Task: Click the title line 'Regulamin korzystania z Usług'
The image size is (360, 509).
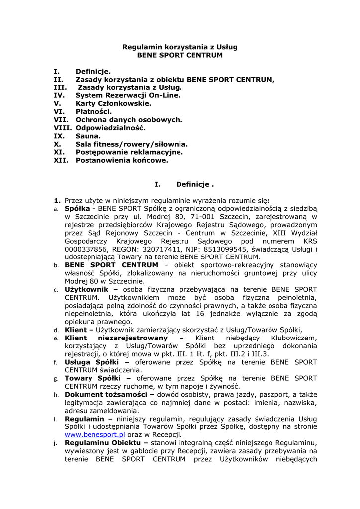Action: (180, 47)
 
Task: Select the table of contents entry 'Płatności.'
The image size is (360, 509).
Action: (93, 112)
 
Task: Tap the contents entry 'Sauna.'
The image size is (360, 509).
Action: (88, 136)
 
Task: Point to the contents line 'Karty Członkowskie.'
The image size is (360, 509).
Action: (113, 104)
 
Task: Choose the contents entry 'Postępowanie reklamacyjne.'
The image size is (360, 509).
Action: (129, 152)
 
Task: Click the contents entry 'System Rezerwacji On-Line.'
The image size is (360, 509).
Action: (128, 95)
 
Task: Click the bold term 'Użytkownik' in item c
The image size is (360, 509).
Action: (88, 289)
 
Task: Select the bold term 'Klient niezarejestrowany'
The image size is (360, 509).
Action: (122, 338)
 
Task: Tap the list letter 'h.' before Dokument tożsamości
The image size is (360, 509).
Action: (56, 395)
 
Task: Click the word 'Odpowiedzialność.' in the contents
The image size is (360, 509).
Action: (110, 128)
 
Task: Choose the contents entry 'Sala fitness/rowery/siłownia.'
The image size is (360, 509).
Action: (131, 144)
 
